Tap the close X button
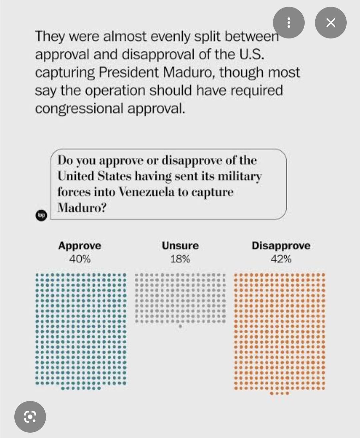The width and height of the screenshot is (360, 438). (331, 22)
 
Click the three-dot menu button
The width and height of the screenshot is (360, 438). (289, 22)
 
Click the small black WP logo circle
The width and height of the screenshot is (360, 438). (41, 215)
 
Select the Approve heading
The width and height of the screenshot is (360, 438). (80, 246)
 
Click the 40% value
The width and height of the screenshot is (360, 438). (80, 259)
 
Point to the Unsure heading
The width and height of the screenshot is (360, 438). (180, 246)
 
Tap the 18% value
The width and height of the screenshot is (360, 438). (180, 259)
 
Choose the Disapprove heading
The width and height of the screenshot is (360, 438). (281, 246)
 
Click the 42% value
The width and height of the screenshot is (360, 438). (281, 259)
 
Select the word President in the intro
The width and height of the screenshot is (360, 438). (129, 72)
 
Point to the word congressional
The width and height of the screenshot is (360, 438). (79, 109)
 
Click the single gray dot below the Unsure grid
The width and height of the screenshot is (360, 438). (180, 326)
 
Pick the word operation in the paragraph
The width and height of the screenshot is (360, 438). (115, 91)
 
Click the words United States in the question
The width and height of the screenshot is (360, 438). (94, 176)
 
